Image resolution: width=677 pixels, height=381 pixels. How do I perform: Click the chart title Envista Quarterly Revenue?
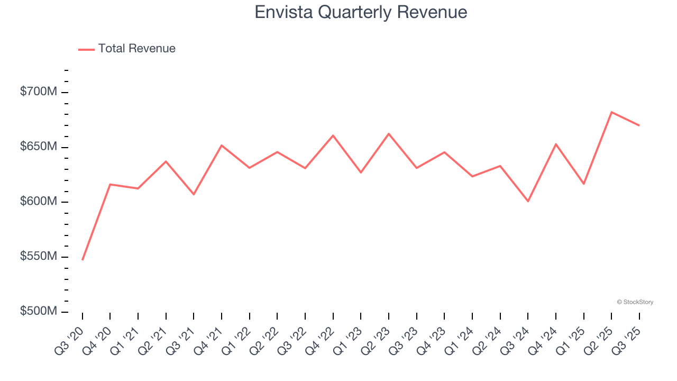[x=361, y=12]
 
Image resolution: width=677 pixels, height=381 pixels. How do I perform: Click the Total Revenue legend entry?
[x=127, y=49]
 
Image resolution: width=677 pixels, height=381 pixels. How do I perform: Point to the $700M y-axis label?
[x=39, y=92]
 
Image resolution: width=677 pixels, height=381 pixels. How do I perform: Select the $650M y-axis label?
[x=39, y=147]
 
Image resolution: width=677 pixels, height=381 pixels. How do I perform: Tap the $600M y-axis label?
[x=39, y=202]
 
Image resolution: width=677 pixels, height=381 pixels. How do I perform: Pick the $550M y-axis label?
[x=39, y=257]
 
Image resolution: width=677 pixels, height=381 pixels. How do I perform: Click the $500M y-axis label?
[x=39, y=311]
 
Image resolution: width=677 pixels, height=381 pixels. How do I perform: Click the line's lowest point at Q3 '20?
[x=83, y=260]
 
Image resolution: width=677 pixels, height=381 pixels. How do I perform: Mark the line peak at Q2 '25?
[x=611, y=112]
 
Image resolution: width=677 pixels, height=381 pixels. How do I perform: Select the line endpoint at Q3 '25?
[x=639, y=125]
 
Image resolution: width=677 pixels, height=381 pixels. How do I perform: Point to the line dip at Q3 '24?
[x=528, y=201]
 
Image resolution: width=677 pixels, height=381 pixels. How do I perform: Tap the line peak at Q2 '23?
[x=389, y=133]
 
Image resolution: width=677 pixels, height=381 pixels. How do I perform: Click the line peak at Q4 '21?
[x=222, y=145]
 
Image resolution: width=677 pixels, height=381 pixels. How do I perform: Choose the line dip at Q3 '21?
[x=194, y=194]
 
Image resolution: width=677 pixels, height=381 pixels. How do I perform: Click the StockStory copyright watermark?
[x=635, y=302]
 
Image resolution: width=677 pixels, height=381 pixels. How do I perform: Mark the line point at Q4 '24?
[x=556, y=144]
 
